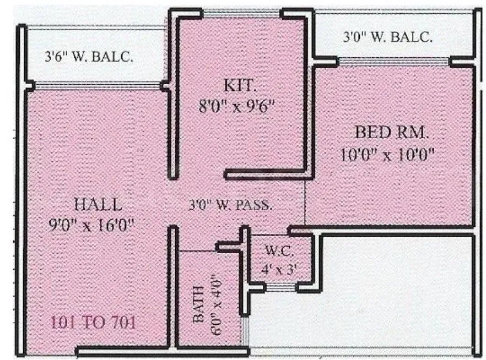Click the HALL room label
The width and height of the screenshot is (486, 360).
point(98,205)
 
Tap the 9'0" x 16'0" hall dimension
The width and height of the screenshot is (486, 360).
point(91,225)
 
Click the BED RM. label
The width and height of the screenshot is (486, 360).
point(391,133)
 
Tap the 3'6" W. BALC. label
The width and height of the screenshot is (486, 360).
point(89,57)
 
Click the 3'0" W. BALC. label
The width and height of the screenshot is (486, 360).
point(387,37)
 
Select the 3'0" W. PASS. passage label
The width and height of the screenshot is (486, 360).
point(230,205)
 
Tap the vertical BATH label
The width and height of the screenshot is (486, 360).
point(199,304)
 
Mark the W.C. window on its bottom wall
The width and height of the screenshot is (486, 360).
point(281,287)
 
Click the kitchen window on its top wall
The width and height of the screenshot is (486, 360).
point(241,13)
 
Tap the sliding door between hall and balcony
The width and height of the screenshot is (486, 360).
point(98,85)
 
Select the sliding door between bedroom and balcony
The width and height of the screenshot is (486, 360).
point(393,62)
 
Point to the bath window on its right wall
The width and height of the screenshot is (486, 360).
point(245,331)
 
